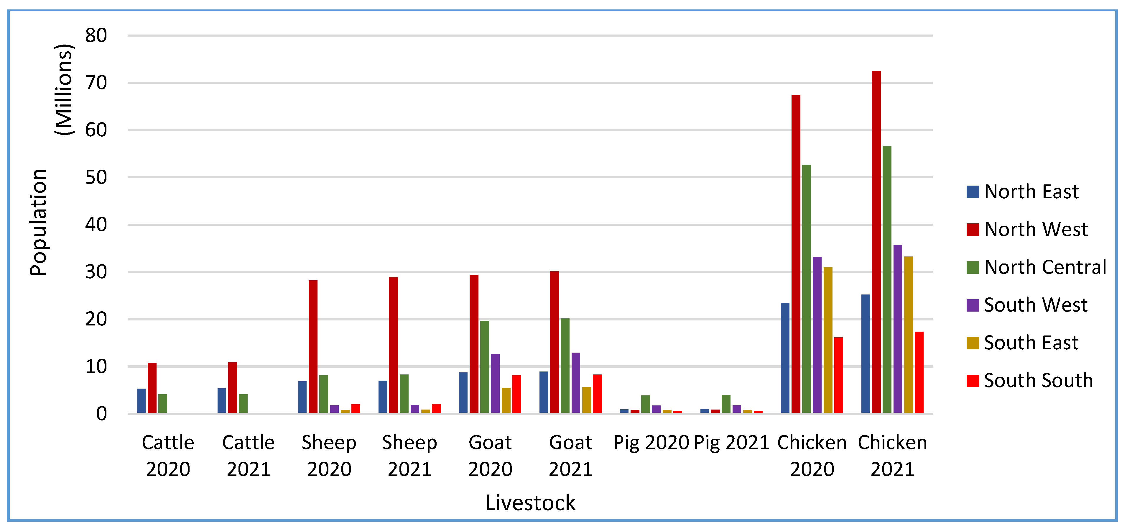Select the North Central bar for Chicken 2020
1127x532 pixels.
coord(806,289)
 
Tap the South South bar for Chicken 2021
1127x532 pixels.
coord(919,372)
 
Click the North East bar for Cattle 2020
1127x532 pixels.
coord(141,401)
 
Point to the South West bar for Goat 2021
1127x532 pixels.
coord(576,383)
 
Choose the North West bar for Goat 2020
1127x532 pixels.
coord(474,344)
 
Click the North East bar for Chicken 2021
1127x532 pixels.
coord(866,354)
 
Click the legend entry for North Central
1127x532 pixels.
coord(1045,267)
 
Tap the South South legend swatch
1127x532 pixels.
coord(973,381)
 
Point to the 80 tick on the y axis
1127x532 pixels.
coord(96,35)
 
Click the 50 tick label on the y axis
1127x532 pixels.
coord(96,177)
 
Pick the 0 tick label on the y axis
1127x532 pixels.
coord(101,414)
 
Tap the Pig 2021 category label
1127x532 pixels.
coord(731,443)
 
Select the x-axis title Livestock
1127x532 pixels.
coord(530,503)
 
